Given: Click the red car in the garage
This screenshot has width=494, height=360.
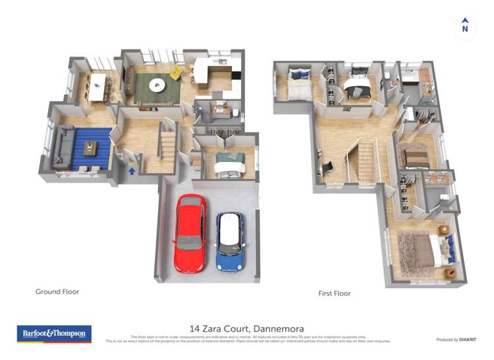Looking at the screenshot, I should click(190, 233).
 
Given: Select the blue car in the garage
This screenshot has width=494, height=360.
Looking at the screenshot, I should click(229, 242).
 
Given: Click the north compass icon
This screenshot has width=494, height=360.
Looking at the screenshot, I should click(465, 26).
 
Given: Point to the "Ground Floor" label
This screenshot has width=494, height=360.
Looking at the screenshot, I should click(57, 292).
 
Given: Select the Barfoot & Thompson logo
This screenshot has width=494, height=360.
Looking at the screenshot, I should click(54, 334).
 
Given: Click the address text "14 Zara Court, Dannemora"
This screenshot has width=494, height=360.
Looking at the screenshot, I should click(246, 328).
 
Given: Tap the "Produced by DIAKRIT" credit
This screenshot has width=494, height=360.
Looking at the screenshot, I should click(456, 340).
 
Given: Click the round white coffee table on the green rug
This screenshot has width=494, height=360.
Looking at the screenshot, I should click(157, 84).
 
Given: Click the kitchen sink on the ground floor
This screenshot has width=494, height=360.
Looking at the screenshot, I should click(222, 63).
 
